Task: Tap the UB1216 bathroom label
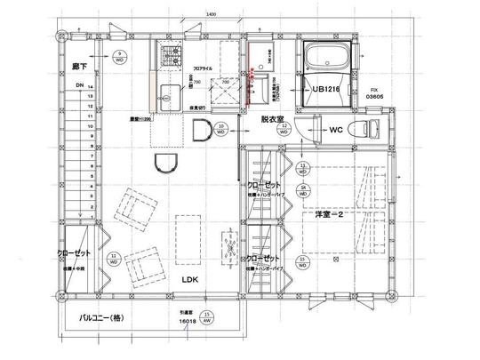click(325, 90)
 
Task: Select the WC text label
click(336, 130)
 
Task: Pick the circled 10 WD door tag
click(220, 130)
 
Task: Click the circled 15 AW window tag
click(206, 317)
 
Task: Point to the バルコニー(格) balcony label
click(103, 316)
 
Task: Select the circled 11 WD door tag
click(115, 260)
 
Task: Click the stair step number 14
click(91, 87)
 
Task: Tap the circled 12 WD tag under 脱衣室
click(284, 130)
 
